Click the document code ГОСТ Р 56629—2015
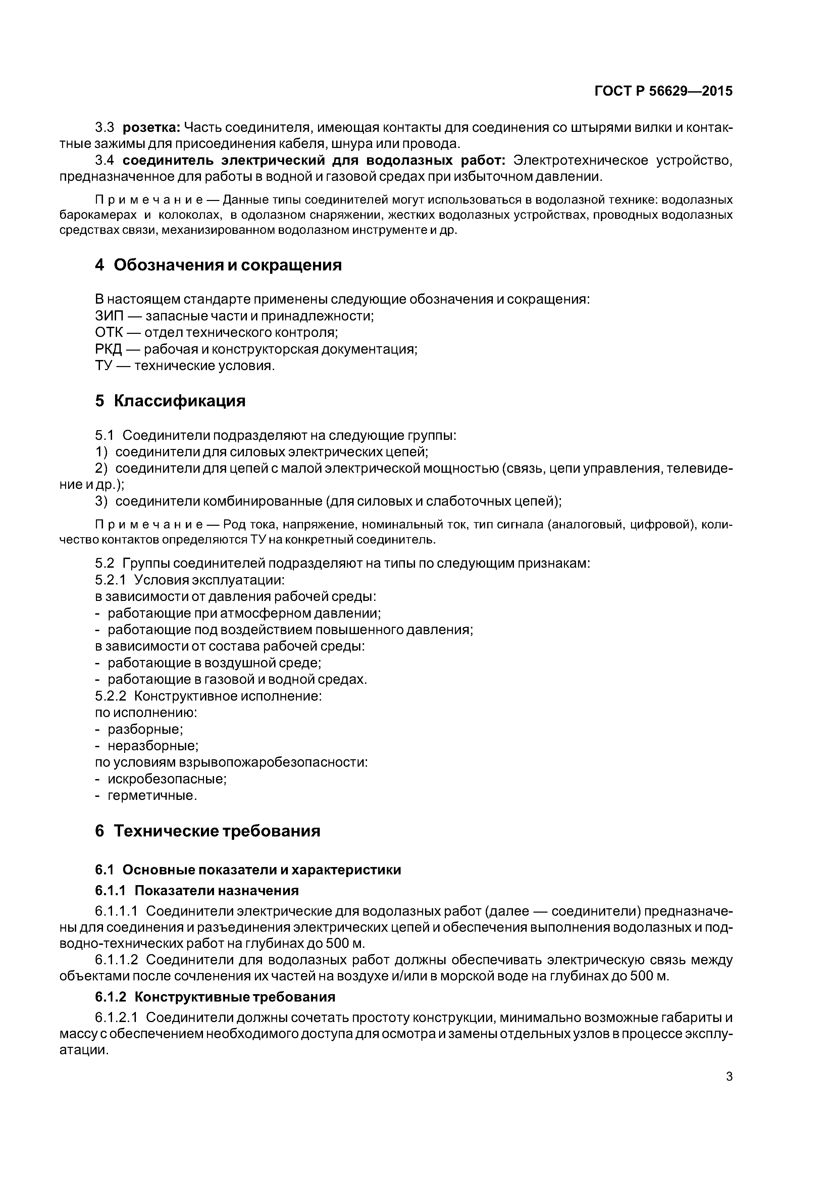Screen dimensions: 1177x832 click(x=663, y=91)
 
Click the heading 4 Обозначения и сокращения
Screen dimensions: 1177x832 click(x=218, y=265)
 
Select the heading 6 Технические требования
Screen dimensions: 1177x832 click(x=208, y=831)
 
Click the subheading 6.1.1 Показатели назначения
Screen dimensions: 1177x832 click(x=197, y=890)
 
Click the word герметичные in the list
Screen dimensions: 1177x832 click(x=151, y=796)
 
